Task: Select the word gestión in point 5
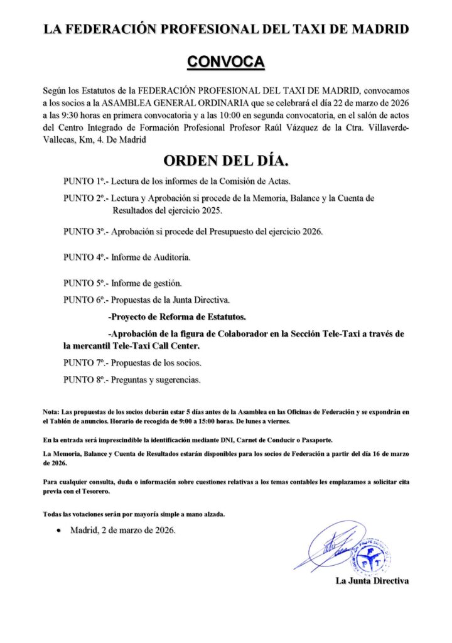coord(165,283)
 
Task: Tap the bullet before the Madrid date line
coord(58,531)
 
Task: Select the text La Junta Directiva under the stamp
coord(372,581)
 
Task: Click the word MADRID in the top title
coord(383,29)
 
